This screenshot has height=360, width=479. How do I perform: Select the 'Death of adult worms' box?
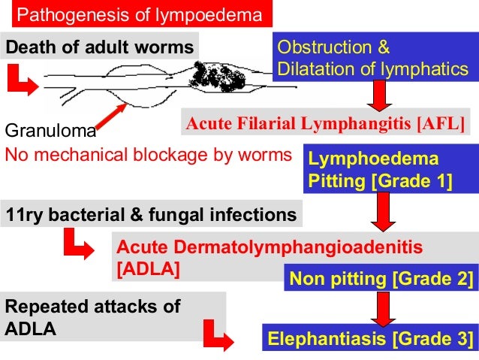(100, 47)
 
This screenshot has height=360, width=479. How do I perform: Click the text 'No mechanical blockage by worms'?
(148, 155)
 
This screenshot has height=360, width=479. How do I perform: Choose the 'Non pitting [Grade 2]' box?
(381, 279)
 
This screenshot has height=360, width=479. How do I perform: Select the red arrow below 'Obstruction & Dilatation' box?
(378, 95)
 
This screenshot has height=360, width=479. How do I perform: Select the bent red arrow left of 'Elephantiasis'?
(218, 332)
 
